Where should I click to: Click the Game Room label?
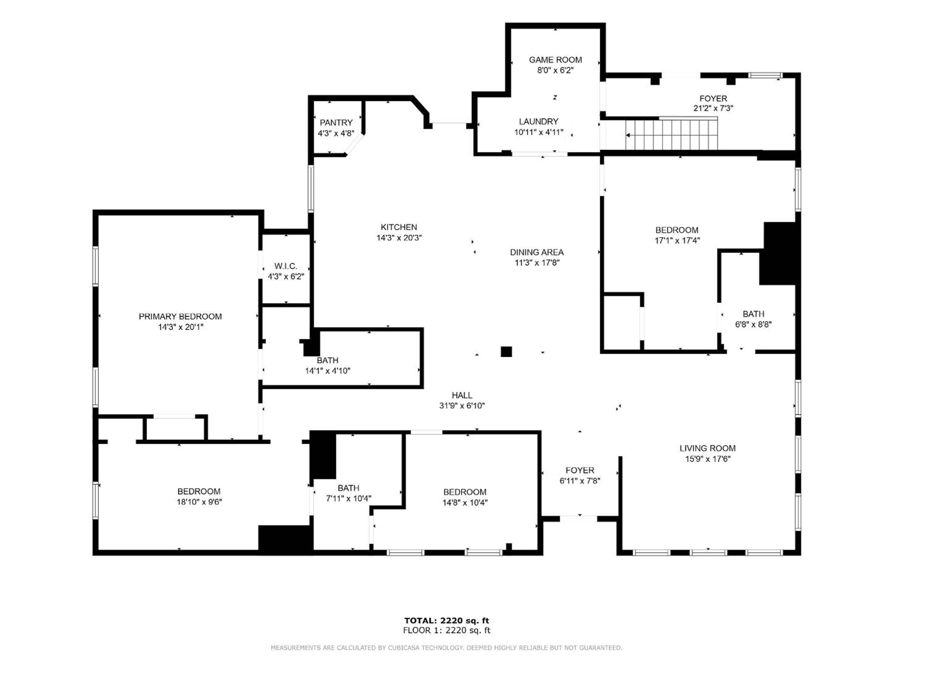point(555,60)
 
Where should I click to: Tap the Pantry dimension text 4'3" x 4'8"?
point(336,133)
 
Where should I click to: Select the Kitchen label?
point(398,227)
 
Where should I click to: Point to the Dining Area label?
point(536,252)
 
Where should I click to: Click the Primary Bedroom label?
point(180,316)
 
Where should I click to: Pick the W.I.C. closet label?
point(286,266)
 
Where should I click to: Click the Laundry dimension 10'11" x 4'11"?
point(539,132)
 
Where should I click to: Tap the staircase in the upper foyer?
point(672,134)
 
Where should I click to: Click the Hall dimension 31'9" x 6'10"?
point(462,405)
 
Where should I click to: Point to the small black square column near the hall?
point(506,351)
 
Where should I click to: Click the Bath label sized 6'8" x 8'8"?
point(754,314)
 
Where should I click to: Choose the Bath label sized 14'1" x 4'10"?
point(327,360)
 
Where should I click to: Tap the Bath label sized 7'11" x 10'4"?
point(348,488)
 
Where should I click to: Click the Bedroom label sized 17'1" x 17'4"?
point(676,230)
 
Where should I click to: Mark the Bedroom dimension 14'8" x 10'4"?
point(465,502)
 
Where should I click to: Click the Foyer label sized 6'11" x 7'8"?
point(580,470)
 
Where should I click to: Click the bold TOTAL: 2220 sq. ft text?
point(446,621)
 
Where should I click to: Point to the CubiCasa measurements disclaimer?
point(446,648)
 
